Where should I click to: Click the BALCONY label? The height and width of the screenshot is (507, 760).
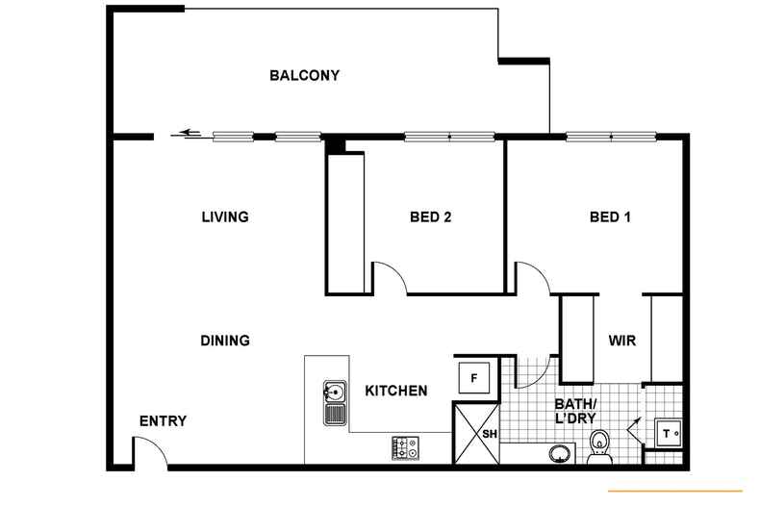(x=304, y=76)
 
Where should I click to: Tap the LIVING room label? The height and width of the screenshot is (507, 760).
(x=225, y=216)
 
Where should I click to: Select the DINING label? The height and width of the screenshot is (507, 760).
(x=225, y=341)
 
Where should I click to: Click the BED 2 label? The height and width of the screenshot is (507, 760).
(x=430, y=216)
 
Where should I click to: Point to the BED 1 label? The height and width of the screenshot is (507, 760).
(x=610, y=216)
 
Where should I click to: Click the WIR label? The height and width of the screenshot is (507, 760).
(x=621, y=341)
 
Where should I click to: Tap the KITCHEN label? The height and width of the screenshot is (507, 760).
(x=395, y=391)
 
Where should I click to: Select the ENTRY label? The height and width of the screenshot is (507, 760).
(x=163, y=421)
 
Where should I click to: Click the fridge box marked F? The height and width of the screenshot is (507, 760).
(x=473, y=377)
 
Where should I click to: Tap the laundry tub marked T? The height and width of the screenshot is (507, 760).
(x=669, y=433)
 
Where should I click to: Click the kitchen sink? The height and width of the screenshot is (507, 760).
(x=335, y=402)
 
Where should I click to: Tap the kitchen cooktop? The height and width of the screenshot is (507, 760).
(x=405, y=447)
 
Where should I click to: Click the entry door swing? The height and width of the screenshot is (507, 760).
(x=149, y=450)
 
